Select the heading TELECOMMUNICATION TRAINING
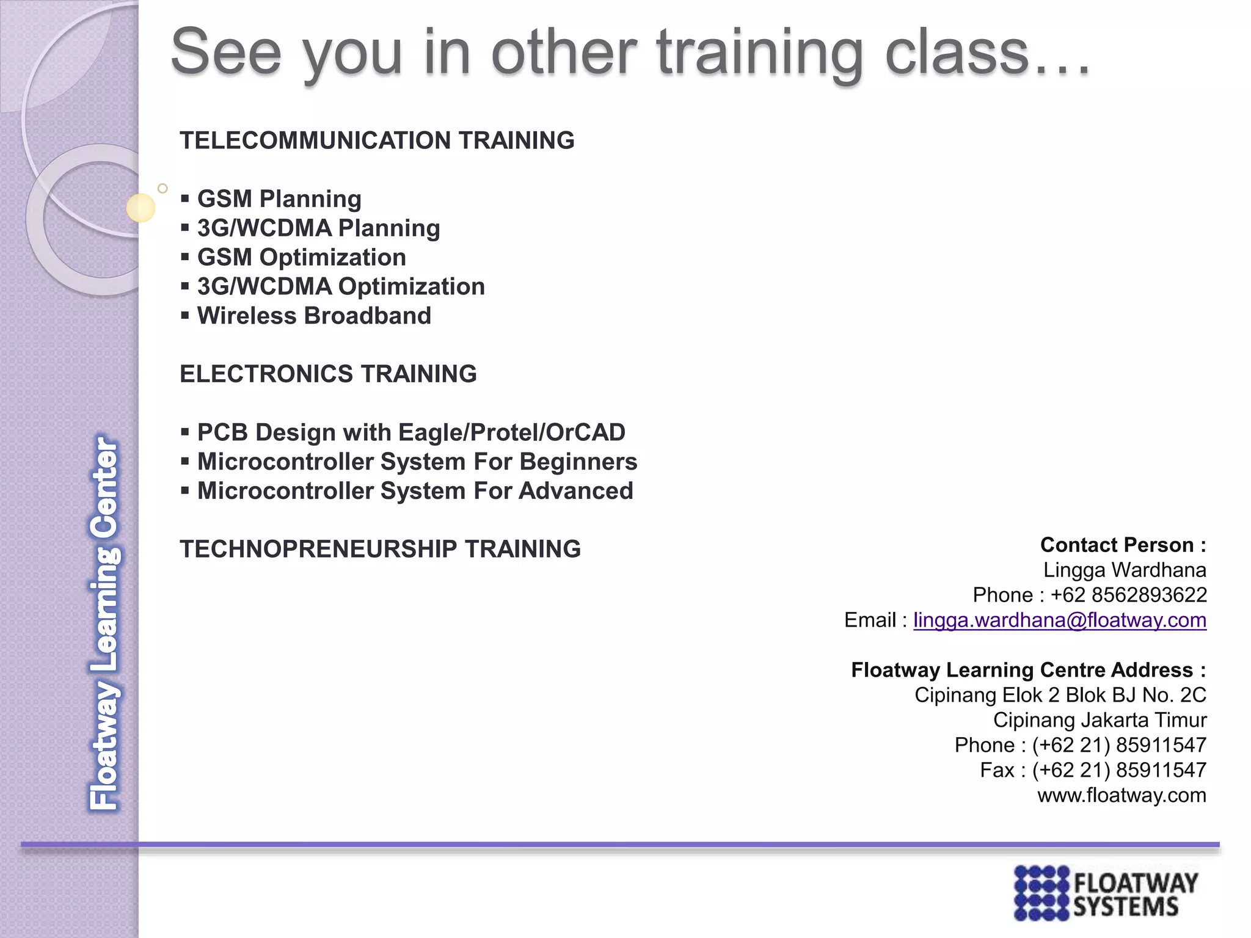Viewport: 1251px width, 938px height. tap(377, 140)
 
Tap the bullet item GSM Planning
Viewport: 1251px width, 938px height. tap(279, 199)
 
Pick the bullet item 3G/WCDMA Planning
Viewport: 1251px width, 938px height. tap(318, 228)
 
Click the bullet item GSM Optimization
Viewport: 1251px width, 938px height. tap(301, 258)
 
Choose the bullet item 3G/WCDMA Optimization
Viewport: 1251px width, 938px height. tap(341, 287)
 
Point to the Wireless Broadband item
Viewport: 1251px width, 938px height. tap(314, 316)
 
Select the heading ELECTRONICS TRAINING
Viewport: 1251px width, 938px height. tap(328, 374)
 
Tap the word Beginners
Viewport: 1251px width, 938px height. tap(578, 462)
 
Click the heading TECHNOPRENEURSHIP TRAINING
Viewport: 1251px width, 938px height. tap(380, 549)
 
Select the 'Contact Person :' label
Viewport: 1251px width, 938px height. tap(1123, 545)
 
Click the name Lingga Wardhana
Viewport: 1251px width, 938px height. tap(1125, 570)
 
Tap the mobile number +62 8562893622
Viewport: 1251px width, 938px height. tap(1128, 595)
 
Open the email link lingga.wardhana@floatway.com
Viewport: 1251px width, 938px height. tap(1059, 620)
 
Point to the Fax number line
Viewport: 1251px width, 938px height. tap(1093, 770)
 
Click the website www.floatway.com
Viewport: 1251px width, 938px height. tap(1122, 795)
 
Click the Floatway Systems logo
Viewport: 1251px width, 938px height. tap(1106, 893)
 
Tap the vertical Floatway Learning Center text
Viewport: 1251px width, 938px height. tap(105, 623)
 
